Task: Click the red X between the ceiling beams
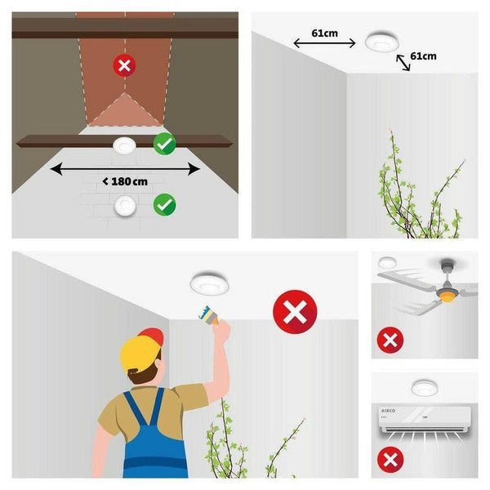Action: click(124, 65)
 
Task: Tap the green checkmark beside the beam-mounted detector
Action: click(165, 144)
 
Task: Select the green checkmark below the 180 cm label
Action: click(165, 205)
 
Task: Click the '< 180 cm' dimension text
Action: click(125, 181)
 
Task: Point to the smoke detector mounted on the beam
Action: click(124, 145)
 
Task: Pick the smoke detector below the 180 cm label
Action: click(125, 206)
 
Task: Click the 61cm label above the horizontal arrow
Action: click(325, 33)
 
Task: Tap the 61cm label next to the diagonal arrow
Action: click(423, 56)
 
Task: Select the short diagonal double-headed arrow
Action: click(403, 63)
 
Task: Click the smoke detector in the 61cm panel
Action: click(382, 41)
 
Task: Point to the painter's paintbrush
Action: click(209, 315)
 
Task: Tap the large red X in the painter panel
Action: click(295, 312)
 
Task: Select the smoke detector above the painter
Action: click(209, 283)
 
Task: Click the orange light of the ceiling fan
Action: click(447, 296)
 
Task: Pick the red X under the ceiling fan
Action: click(390, 340)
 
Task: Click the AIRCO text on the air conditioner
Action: click(388, 411)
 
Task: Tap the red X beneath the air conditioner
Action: click(390, 460)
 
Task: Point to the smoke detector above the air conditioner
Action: click(424, 388)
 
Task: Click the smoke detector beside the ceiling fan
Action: click(387, 262)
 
